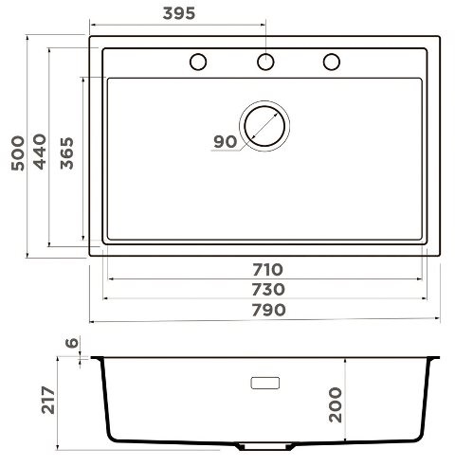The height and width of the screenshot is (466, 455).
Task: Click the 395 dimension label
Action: click(179, 13)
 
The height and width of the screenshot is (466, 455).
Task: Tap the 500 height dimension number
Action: click(18, 153)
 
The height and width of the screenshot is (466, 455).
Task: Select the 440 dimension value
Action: click(40, 152)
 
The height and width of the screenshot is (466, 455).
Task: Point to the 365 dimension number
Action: click(66, 153)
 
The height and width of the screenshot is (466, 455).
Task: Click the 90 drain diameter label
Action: click(225, 142)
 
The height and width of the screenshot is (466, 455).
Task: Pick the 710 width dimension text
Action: click(267, 270)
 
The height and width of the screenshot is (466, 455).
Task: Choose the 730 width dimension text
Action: click(268, 290)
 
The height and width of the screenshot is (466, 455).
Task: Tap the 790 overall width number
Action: click(268, 310)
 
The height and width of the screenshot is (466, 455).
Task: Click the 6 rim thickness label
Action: click(72, 343)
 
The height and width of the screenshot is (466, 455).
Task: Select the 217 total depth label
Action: click(48, 400)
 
